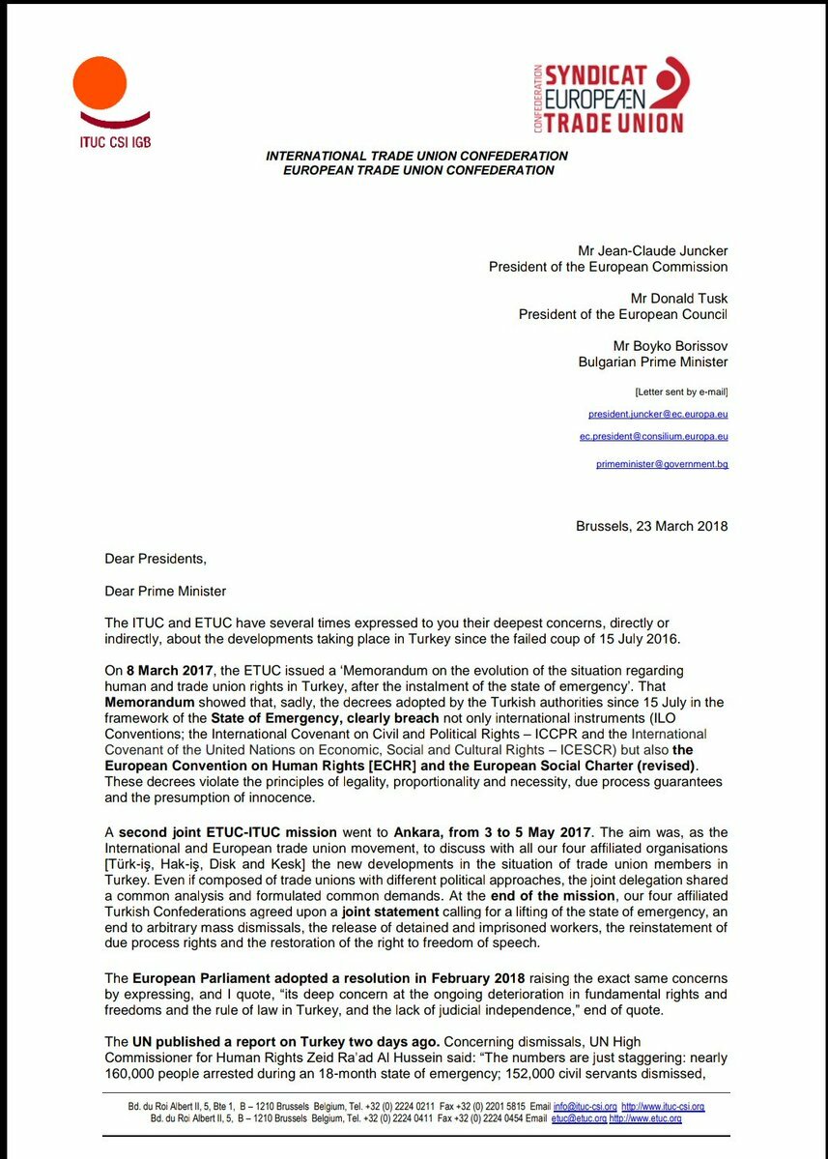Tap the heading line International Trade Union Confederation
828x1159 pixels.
(x=416, y=156)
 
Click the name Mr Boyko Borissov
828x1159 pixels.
(x=671, y=346)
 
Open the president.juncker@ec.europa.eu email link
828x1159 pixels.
(x=658, y=414)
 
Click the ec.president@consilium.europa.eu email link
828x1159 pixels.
(x=653, y=437)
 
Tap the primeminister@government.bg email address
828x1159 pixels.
(x=662, y=465)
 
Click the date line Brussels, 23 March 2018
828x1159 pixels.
(x=651, y=527)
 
